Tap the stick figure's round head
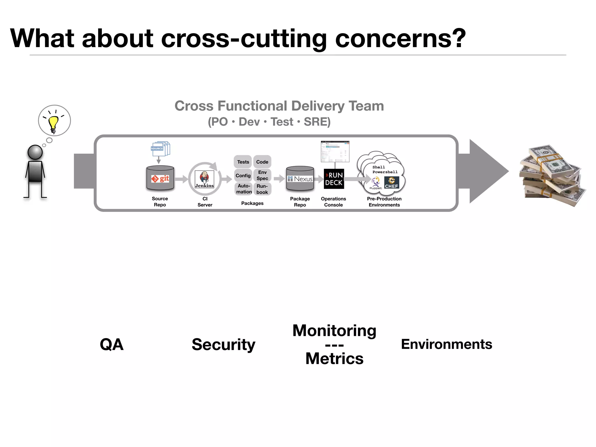coord(35,152)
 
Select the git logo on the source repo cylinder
coord(160,179)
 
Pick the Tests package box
coord(243,162)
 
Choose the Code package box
coord(262,162)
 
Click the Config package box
coord(243,175)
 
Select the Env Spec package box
coord(262,175)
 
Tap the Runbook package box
coord(262,189)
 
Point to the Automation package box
coord(244,189)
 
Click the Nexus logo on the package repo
coord(300,179)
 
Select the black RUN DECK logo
coord(334,179)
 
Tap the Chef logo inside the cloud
coord(391,183)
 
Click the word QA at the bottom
coord(112,345)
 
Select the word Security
coord(223,345)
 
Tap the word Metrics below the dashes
coord(334,359)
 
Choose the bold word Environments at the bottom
coord(446,344)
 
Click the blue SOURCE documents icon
coord(160,149)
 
